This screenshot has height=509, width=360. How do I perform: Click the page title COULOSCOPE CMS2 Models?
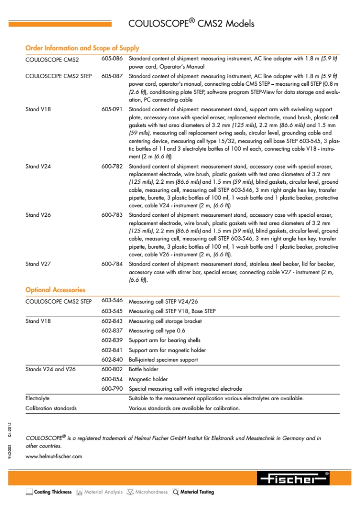click(x=191, y=24)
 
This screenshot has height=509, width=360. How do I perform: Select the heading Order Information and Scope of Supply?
click(x=82, y=48)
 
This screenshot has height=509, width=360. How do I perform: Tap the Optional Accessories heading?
click(x=55, y=290)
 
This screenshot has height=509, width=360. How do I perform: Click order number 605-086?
click(x=112, y=59)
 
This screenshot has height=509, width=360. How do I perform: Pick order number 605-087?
click(x=112, y=76)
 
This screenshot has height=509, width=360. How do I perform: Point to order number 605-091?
click(x=112, y=109)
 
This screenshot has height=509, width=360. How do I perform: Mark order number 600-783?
click(x=112, y=215)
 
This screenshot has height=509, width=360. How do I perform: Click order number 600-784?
click(x=112, y=264)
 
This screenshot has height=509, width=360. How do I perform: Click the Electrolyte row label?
click(x=37, y=399)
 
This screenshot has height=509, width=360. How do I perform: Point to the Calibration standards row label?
click(x=51, y=408)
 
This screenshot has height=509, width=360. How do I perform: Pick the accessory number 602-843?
click(x=112, y=321)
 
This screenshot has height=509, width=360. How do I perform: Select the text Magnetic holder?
click(x=148, y=379)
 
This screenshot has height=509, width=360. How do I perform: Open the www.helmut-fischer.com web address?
click(x=54, y=456)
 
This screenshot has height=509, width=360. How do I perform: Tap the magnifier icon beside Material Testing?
click(x=176, y=492)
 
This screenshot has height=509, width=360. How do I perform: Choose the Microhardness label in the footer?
click(x=152, y=492)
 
